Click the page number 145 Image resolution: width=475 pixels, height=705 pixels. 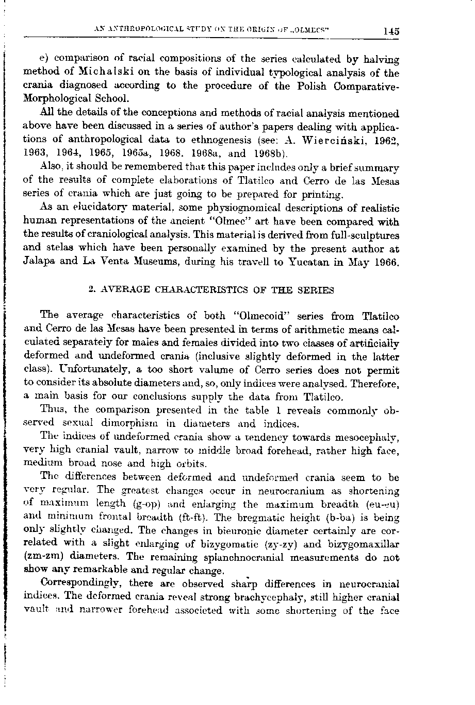pyautogui.click(x=391, y=30)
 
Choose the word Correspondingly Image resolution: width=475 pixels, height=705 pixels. pyautogui.click(x=80, y=584)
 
